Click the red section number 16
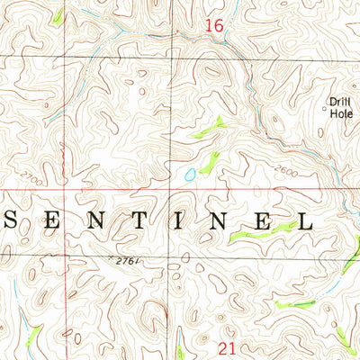pyautogui.click(x=212, y=29)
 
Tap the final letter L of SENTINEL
pyautogui.click(x=305, y=220)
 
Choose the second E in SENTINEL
pyautogui.click(x=265, y=220)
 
